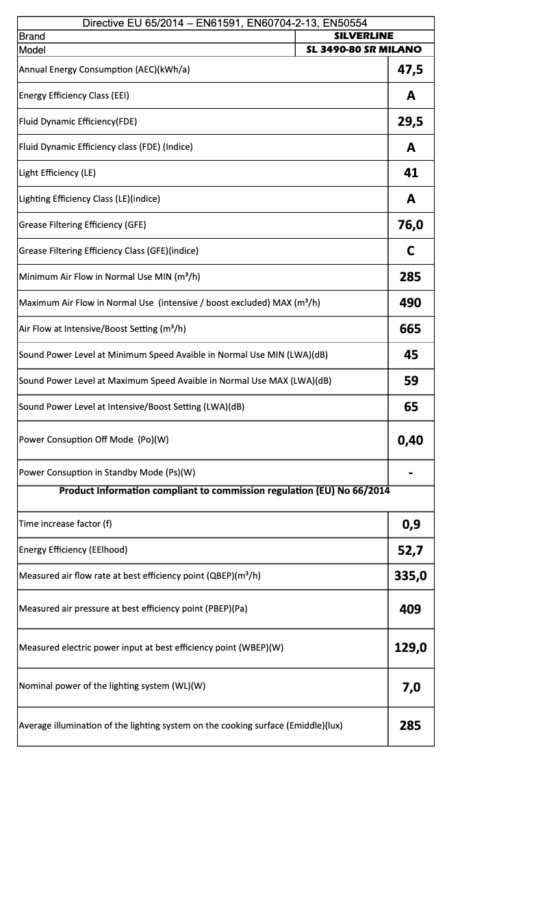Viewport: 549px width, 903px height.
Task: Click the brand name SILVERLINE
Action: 363,36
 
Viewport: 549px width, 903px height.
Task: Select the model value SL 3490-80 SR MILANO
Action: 363,49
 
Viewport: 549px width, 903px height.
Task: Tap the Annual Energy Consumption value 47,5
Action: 411,69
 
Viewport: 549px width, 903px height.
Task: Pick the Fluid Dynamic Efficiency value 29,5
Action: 411,121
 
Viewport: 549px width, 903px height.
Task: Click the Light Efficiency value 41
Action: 411,173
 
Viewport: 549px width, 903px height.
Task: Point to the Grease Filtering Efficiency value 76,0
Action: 411,224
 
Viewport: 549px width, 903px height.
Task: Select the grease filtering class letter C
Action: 411,250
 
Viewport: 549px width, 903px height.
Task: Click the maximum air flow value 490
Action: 411,302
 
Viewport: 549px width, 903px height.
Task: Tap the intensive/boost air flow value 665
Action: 411,328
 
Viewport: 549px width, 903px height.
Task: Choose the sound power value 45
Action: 411,354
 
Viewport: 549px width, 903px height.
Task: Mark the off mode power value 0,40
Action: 411,440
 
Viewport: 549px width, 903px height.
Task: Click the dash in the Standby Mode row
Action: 411,473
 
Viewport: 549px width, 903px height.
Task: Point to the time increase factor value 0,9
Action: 411,525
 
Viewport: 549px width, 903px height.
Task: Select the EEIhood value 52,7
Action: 411,550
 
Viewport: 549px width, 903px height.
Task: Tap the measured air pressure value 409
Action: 411,609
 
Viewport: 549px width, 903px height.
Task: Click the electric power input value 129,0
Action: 411,648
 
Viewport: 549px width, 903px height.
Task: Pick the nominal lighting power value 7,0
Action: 411,687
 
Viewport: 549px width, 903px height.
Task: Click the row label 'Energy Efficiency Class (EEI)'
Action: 74,95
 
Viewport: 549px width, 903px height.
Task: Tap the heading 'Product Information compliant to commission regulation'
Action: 225,490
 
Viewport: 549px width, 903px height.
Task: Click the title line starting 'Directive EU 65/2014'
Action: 225,23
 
